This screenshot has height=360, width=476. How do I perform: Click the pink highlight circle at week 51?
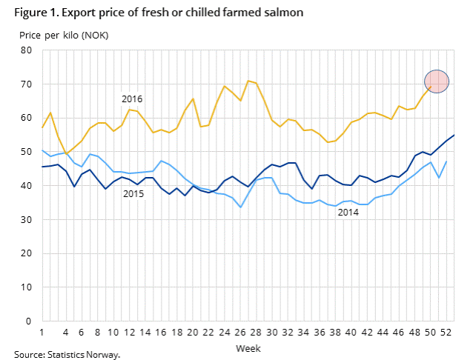437,81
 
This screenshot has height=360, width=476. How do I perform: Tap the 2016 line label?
132,99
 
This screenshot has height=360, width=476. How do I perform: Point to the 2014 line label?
348,213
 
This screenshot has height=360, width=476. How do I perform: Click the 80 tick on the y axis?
26,50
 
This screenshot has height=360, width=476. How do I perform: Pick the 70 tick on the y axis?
26,84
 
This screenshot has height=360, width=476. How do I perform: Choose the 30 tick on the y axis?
26,220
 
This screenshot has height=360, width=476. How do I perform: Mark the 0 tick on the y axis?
29,321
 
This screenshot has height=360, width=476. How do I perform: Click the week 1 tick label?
42,333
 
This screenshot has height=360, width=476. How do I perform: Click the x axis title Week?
247,347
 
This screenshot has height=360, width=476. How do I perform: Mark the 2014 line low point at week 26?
239,207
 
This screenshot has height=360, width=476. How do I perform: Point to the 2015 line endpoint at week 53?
453,135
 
